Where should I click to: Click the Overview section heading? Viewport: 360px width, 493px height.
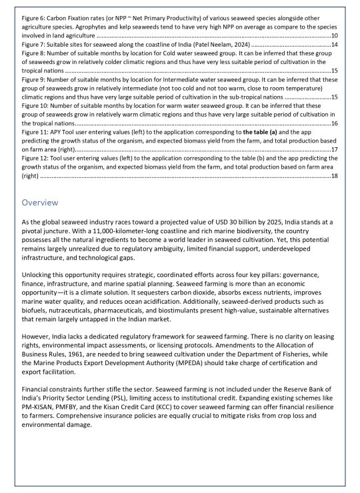coord(41,202)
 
